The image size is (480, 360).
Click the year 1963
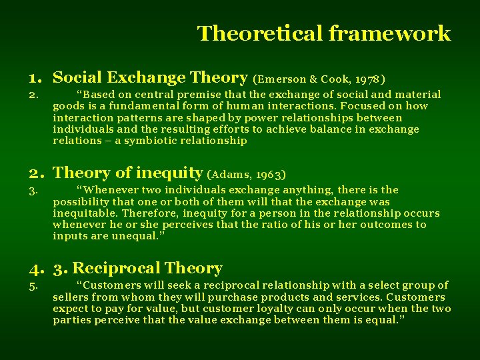(272, 174)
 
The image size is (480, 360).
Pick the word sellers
(70, 297)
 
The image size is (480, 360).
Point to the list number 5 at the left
(33, 285)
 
